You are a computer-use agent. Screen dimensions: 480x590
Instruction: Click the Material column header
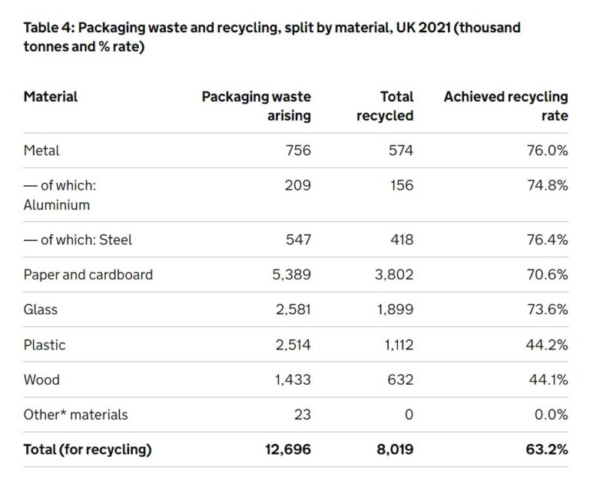pyautogui.click(x=51, y=97)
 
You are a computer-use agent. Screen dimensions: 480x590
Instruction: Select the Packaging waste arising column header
pyautogui.click(x=256, y=106)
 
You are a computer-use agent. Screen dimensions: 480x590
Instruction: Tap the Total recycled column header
pyautogui.click(x=385, y=106)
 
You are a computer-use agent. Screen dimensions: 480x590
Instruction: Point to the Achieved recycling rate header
pyautogui.click(x=505, y=106)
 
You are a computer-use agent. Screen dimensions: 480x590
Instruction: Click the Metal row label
pyautogui.click(x=41, y=151)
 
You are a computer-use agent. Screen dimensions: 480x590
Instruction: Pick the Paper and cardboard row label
pyautogui.click(x=88, y=274)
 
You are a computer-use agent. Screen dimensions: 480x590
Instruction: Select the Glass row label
pyautogui.click(x=41, y=310)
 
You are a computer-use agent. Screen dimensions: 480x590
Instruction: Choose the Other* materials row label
pyautogui.click(x=76, y=415)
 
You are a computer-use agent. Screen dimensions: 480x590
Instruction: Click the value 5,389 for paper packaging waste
pyautogui.click(x=291, y=274)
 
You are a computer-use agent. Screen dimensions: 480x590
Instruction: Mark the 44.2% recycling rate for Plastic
pyautogui.click(x=547, y=345)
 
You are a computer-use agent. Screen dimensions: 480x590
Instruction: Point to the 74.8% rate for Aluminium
pyautogui.click(x=547, y=185)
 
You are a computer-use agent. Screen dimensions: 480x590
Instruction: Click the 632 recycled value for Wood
pyautogui.click(x=399, y=379)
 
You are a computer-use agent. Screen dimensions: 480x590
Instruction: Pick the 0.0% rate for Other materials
pyautogui.click(x=551, y=415)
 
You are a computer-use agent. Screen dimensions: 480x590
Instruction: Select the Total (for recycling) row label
pyautogui.click(x=88, y=449)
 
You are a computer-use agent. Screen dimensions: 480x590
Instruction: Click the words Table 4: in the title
pyautogui.click(x=49, y=28)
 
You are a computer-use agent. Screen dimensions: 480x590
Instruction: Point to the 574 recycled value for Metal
pyautogui.click(x=399, y=151)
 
